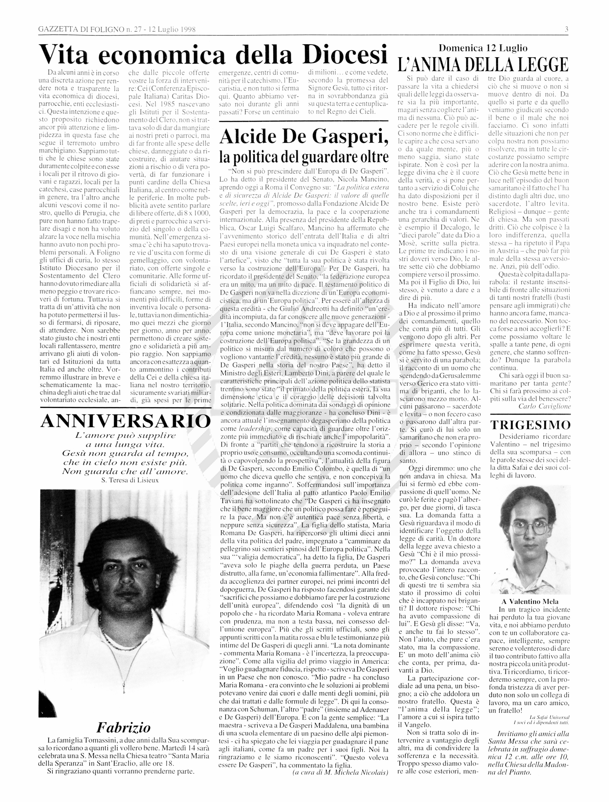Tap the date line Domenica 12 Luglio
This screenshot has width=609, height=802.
pos(483,48)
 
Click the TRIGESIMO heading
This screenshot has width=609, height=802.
pos(530,425)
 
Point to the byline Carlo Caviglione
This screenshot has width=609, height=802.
pos(544,406)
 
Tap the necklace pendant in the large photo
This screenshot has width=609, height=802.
pos(124,685)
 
